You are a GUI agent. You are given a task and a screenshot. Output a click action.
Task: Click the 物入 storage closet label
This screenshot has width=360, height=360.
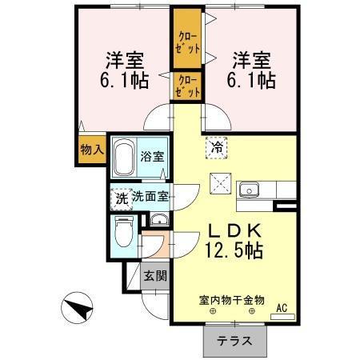click(x=92, y=150)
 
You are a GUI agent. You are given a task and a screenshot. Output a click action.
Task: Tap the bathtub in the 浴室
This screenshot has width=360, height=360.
click(x=123, y=158)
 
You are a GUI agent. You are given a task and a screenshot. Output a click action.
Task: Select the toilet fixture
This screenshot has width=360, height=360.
click(x=124, y=232)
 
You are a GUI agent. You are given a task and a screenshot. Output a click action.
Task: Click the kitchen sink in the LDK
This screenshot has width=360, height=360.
click(x=249, y=190)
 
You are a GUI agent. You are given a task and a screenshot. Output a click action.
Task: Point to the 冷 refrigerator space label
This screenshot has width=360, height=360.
click(x=216, y=147)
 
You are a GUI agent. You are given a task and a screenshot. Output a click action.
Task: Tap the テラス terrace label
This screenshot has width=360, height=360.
click(x=236, y=340)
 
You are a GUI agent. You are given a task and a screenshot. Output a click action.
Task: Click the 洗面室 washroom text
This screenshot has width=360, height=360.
click(x=150, y=196)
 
